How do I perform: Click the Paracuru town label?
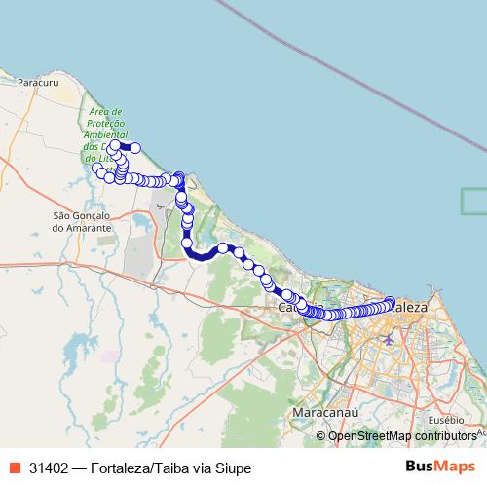click(36, 84)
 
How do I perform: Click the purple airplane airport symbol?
click(390, 339)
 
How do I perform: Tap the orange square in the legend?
click(13, 468)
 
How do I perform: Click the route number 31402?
click(50, 468)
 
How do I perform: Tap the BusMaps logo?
click(440, 468)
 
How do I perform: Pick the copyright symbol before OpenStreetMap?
click(321, 436)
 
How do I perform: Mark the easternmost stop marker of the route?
click(391, 302)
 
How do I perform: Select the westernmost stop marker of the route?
click(96, 169)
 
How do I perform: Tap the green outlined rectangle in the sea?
click(473, 200)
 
